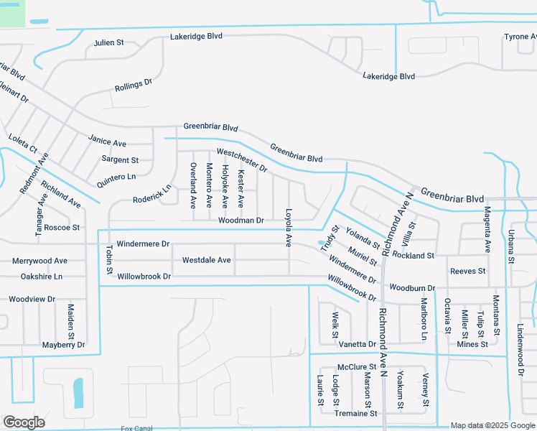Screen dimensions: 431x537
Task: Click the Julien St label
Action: [108, 43]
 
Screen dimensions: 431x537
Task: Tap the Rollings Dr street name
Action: [134, 85]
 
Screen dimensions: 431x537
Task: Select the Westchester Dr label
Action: [242, 161]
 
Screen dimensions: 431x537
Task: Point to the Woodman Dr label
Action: [241, 220]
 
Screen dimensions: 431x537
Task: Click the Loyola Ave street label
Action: [289, 228]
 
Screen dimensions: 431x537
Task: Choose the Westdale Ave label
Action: [206, 260]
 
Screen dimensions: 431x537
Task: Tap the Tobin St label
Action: [109, 260]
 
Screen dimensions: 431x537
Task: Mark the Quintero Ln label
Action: [116, 177]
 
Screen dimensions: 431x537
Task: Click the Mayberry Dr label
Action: [63, 345]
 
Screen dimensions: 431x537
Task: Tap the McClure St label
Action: [357, 367]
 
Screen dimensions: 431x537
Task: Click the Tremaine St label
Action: [356, 414]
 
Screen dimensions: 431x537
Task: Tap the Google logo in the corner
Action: [24, 422]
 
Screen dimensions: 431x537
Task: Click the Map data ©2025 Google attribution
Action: [492, 425]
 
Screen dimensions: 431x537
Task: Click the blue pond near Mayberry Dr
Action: [78, 393]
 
